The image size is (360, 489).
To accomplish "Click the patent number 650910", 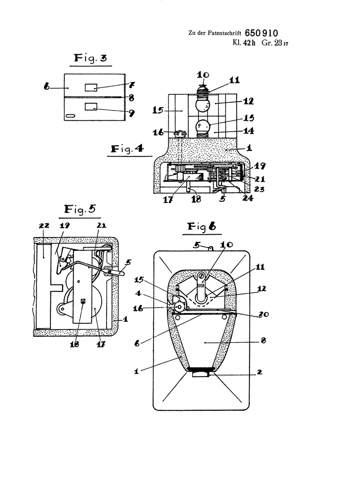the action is (261, 33).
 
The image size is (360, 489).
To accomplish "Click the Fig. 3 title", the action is (90, 58).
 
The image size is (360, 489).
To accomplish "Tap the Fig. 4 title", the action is (127, 149).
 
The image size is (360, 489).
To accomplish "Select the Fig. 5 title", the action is (80, 209).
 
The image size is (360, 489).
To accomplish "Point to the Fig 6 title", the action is (202, 227).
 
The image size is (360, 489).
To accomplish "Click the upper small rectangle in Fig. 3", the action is (91, 88).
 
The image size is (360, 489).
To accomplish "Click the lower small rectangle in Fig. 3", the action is (91, 107).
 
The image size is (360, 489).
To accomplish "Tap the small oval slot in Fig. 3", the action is (71, 116).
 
